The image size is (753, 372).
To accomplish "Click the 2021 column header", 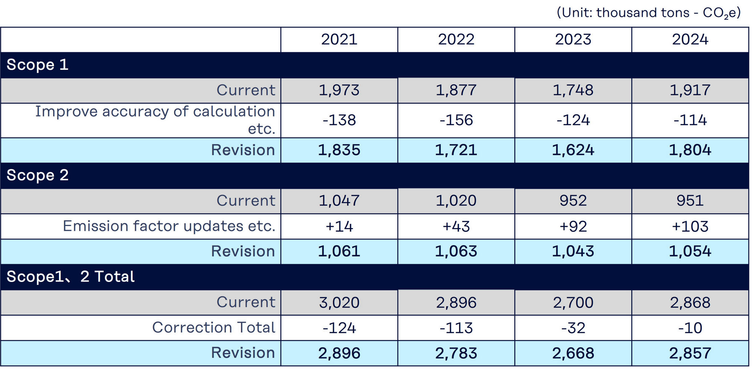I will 339,40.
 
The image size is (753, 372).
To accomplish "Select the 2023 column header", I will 573,40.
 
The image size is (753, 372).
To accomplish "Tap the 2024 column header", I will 690,40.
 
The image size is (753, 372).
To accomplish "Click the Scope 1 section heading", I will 37,65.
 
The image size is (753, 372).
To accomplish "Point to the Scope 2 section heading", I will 37,175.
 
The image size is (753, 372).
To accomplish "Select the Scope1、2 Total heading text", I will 70,277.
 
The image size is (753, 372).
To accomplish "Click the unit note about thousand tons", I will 648,13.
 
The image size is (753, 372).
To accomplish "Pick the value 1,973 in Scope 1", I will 339,90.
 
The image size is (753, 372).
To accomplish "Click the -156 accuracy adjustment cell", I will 456,120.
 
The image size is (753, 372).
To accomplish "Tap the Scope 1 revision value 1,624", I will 573,150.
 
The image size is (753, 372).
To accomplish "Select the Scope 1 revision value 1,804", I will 690,150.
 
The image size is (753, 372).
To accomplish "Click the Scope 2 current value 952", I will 573,201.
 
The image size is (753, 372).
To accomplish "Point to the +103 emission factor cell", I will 690,227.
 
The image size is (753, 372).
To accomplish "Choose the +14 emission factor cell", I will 339,227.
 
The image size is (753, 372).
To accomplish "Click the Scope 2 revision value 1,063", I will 456,251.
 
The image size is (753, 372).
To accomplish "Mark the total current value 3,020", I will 339,303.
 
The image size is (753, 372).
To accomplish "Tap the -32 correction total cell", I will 573,328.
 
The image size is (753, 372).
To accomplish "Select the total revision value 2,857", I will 690,353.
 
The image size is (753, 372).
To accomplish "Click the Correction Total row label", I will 213,328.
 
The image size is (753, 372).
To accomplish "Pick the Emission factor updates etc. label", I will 169,226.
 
